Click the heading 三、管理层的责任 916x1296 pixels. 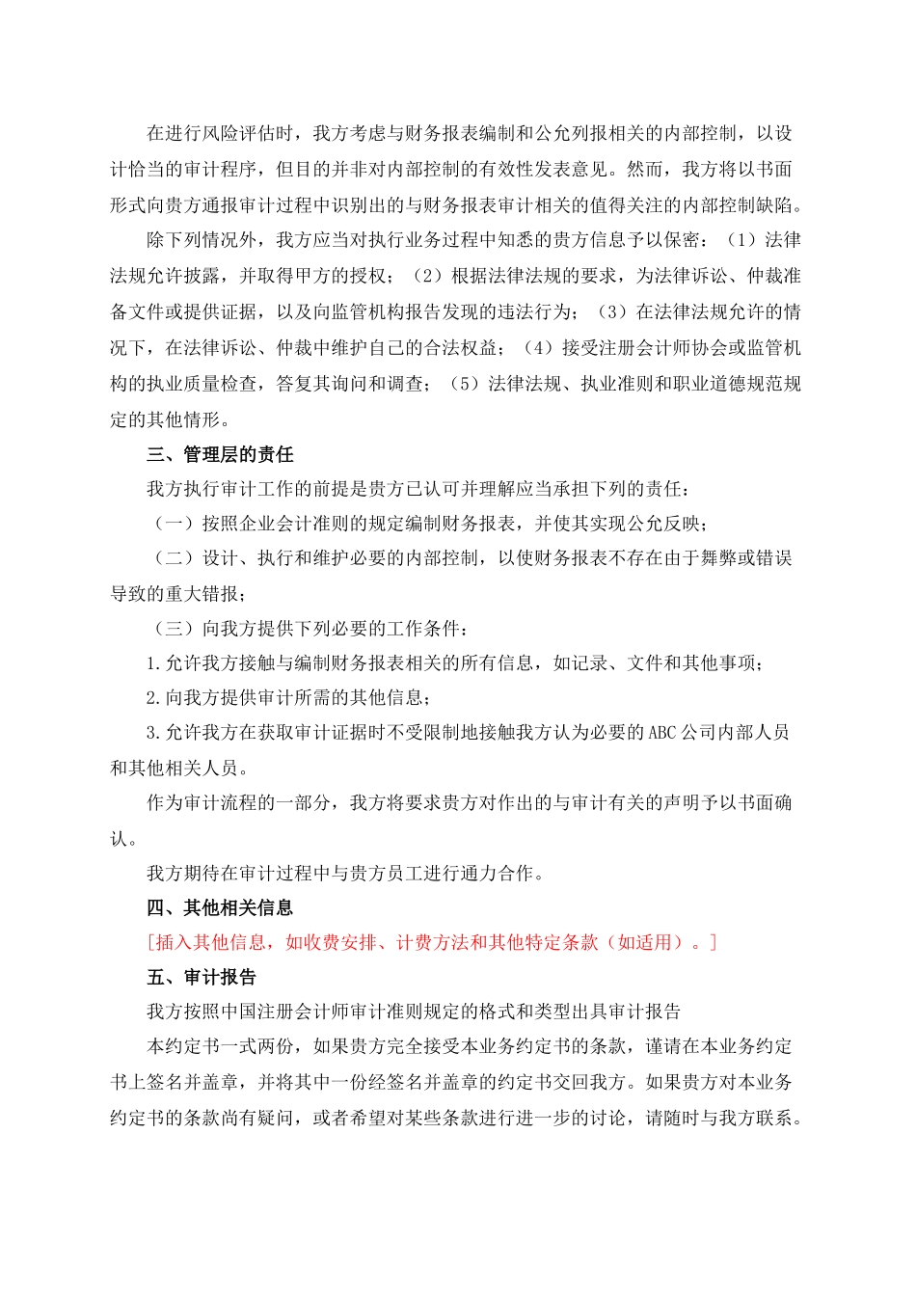point(220,455)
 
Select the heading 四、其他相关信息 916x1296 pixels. point(220,908)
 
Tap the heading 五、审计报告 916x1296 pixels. point(202,978)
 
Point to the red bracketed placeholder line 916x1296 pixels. point(432,943)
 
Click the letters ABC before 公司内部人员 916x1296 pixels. point(662,733)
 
